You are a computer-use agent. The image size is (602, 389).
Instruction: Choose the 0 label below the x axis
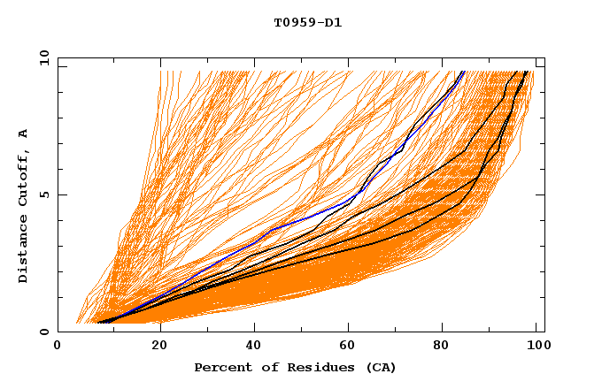(58, 346)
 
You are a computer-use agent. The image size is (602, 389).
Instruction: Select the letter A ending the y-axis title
(23, 133)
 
